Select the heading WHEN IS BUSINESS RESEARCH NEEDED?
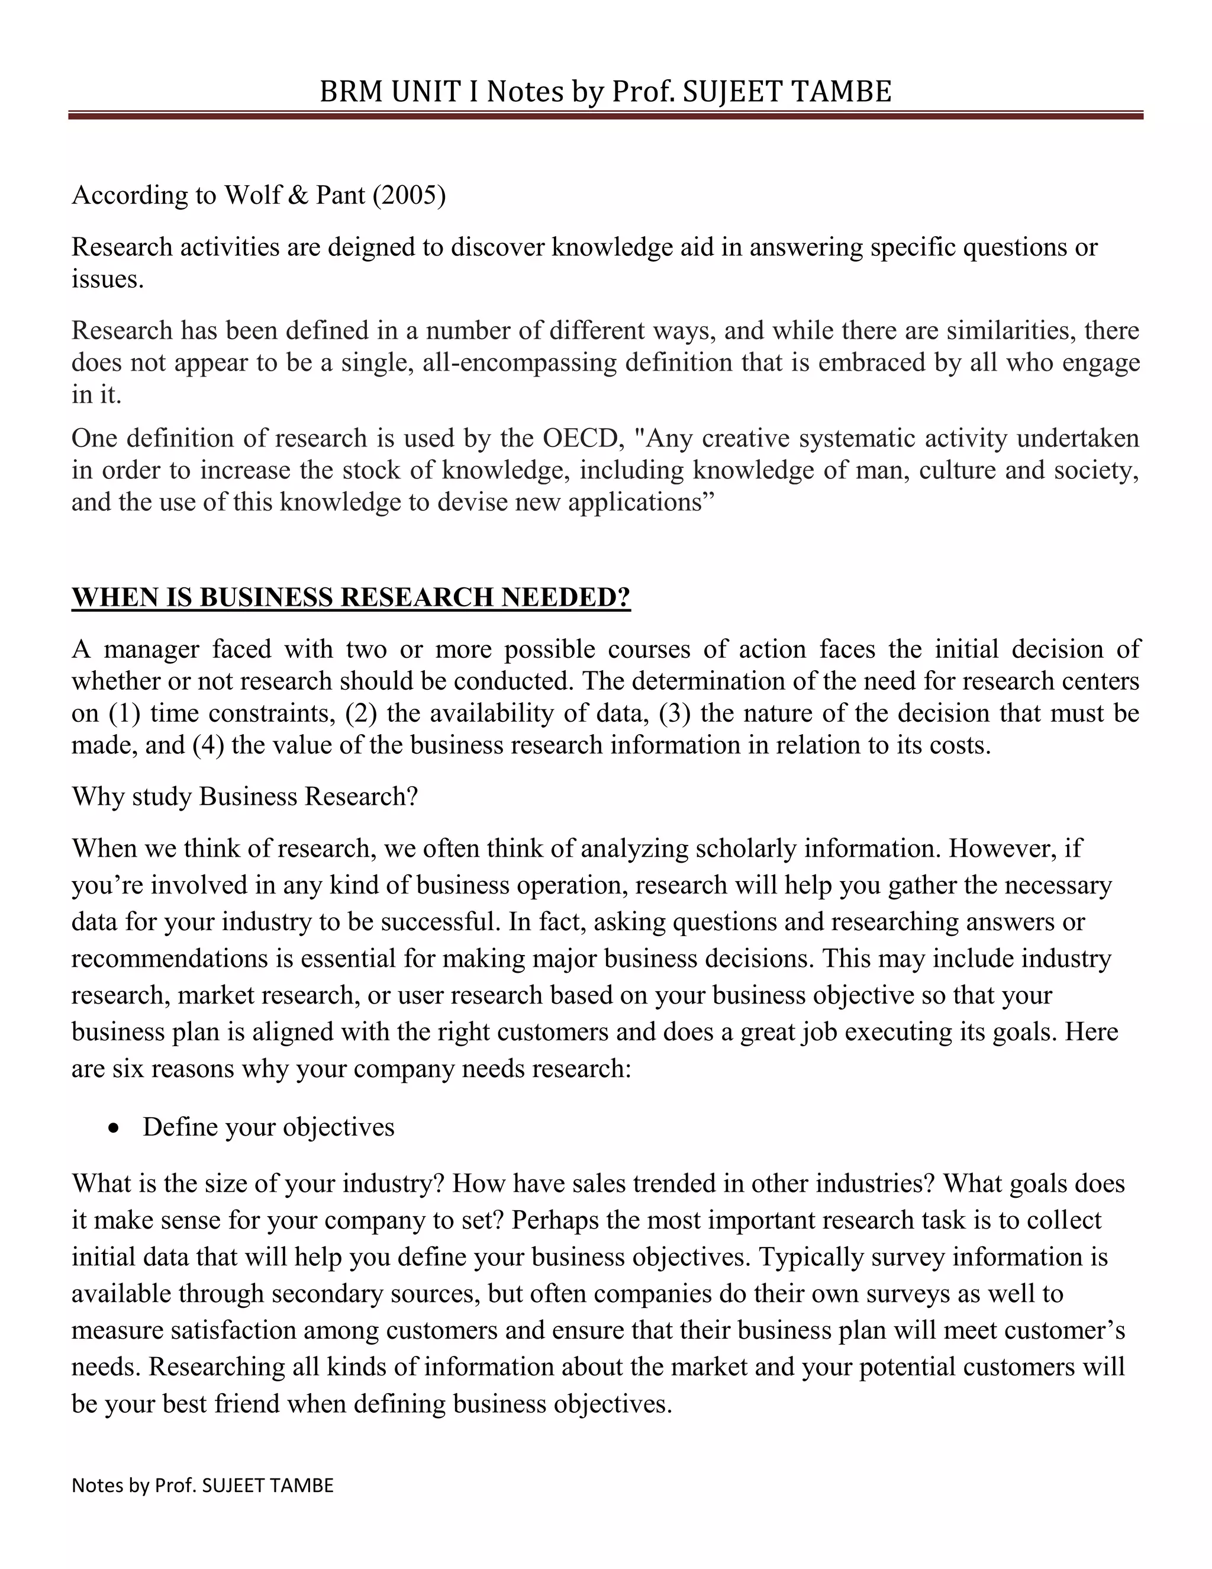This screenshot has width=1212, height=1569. (350, 598)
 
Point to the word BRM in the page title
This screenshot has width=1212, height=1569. (352, 92)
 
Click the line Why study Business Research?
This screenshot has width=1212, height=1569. (245, 797)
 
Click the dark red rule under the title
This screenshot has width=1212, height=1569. (605, 115)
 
